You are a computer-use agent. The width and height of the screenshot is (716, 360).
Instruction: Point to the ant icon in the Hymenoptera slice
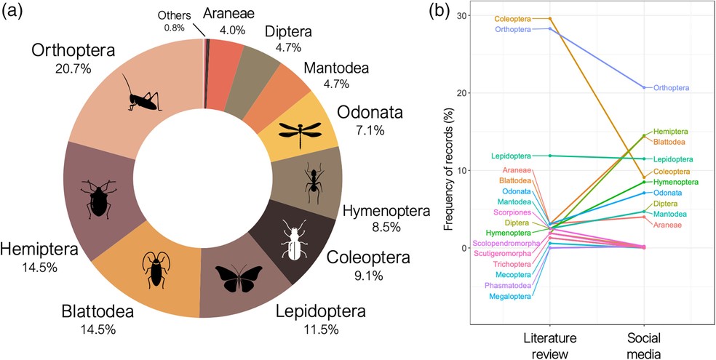click(314, 181)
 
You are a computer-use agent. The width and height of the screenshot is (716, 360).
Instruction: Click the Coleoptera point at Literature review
click(550, 18)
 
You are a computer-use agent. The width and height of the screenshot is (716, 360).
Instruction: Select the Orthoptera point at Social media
click(644, 87)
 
